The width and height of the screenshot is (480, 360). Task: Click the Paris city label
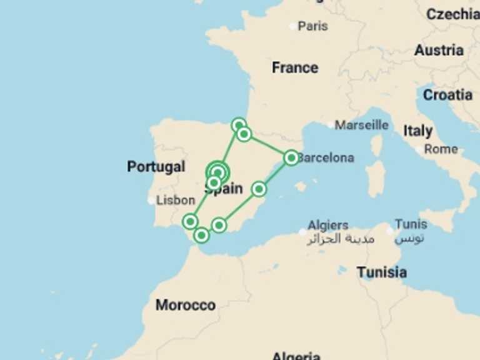pyautogui.click(x=312, y=26)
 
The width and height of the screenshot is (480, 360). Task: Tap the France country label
pyautogui.click(x=295, y=67)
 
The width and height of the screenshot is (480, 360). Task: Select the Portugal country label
pyautogui.click(x=156, y=167)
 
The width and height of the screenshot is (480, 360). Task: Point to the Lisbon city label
pyautogui.click(x=176, y=201)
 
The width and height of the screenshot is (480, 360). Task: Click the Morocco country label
pyautogui.click(x=186, y=305)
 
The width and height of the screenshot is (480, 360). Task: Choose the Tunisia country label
pyautogui.click(x=381, y=272)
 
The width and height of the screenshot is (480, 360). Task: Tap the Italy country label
pyautogui.click(x=417, y=131)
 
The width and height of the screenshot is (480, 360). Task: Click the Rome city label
pyautogui.click(x=441, y=149)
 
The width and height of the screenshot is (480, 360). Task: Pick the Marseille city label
pyautogui.click(x=361, y=125)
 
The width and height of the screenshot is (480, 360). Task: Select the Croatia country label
pyautogui.click(x=447, y=95)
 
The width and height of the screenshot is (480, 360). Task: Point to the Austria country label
pyautogui.click(x=439, y=50)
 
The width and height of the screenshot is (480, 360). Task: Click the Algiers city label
pyautogui.click(x=327, y=225)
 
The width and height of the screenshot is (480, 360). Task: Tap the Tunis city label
pyautogui.click(x=411, y=224)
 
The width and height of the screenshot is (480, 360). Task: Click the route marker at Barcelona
pyautogui.click(x=291, y=157)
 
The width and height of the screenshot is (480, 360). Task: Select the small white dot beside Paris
pyautogui.click(x=293, y=26)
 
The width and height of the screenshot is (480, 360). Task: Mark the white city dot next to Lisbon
pyautogui.click(x=151, y=201)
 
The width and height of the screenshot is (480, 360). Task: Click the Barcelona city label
pyautogui.click(x=326, y=158)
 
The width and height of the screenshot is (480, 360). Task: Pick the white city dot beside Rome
pyautogui.click(x=419, y=150)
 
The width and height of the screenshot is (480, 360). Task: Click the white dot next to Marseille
pyautogui.click(x=330, y=125)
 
